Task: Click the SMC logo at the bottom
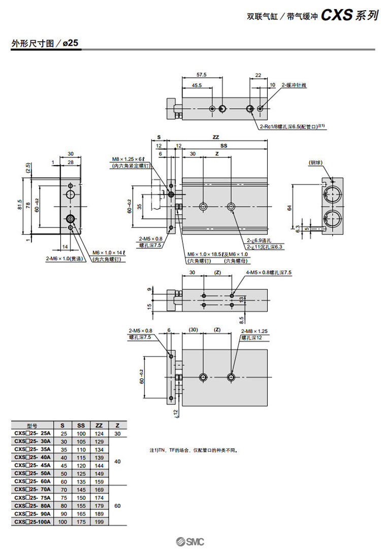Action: [x=190, y=541]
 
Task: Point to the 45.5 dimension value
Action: [x=196, y=85]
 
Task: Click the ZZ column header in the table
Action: [x=99, y=426]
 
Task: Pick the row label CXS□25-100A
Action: [x=33, y=522]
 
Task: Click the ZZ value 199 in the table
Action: [x=99, y=522]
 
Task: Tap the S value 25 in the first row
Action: [x=63, y=434]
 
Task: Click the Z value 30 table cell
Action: [x=117, y=434]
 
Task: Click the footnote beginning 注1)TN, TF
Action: [x=194, y=450]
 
